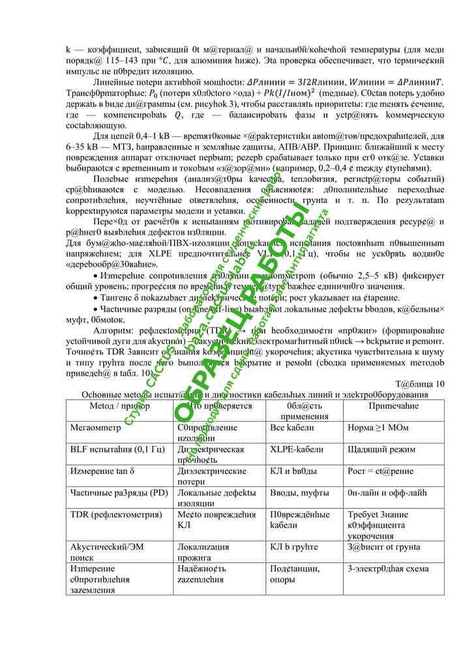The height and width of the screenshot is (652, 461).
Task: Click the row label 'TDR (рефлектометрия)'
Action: click(x=116, y=514)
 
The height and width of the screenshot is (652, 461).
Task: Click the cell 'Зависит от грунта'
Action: click(x=383, y=547)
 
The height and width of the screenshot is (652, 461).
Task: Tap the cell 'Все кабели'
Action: click(x=291, y=428)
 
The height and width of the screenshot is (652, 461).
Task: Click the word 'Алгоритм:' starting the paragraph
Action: click(x=115, y=331)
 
